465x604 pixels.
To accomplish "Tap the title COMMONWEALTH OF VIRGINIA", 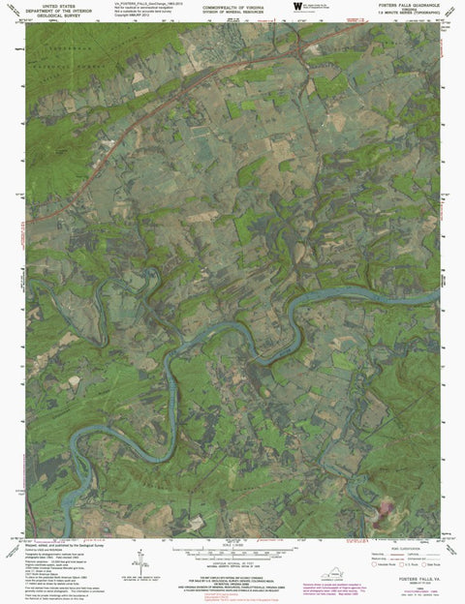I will [219, 5].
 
